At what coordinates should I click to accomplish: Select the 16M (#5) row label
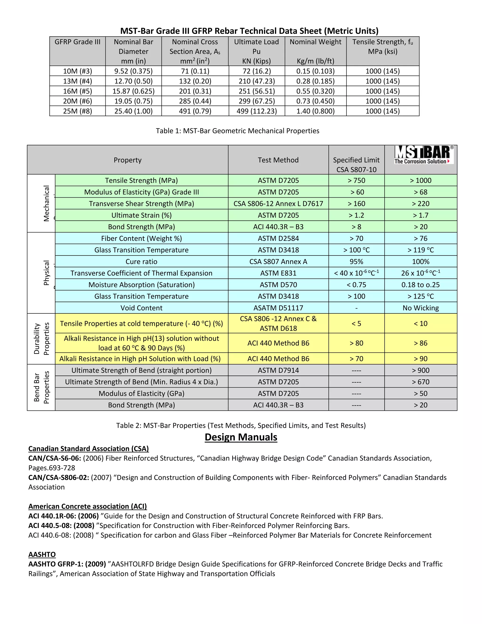tap(77, 91)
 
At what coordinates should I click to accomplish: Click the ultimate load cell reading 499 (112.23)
tap(257, 111)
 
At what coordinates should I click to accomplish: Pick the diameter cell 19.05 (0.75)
tap(133, 101)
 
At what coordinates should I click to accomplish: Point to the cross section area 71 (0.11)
tap(195, 71)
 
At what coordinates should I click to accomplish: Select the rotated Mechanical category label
tap(46, 203)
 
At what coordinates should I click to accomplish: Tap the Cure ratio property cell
tap(141, 262)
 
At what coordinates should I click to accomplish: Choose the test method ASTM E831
tap(278, 273)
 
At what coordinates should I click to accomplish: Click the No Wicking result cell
tap(420, 308)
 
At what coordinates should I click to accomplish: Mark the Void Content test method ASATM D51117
tap(278, 308)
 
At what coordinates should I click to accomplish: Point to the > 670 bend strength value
tap(420, 382)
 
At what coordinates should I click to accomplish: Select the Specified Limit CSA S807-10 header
tap(356, 165)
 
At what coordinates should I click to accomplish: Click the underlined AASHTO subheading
tap(42, 555)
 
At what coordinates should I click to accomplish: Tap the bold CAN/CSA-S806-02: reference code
tap(59, 478)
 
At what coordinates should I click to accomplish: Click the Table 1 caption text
tap(237, 131)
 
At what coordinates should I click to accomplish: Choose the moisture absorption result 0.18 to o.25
tap(420, 285)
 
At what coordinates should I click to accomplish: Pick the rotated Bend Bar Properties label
tap(41, 387)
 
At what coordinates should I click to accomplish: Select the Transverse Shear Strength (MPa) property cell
tap(141, 204)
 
